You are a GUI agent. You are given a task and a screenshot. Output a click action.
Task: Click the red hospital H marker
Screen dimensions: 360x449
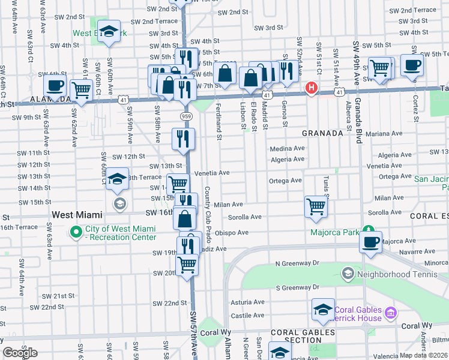tap(311, 88)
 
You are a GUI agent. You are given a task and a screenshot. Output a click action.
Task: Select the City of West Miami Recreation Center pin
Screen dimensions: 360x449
tap(76, 231)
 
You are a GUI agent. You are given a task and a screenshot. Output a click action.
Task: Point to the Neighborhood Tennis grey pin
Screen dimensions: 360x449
tap(347, 274)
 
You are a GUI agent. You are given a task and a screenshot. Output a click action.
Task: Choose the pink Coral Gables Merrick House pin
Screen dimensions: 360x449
tap(391, 313)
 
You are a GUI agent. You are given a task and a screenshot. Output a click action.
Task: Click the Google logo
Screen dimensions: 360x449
tap(20, 353)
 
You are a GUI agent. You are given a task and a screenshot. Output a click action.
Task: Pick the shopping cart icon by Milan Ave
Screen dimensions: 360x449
tap(316, 207)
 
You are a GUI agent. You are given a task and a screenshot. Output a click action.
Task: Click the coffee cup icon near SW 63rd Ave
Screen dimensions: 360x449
tap(55, 85)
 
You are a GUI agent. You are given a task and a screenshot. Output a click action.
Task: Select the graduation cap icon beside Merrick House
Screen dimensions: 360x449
tap(323, 310)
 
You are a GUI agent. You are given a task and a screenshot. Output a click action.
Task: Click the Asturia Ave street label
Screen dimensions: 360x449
tap(247, 303)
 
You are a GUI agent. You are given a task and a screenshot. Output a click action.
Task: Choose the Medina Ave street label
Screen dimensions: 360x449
tap(287, 149)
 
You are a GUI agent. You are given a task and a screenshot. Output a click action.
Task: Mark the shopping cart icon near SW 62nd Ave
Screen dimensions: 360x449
tap(81, 91)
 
